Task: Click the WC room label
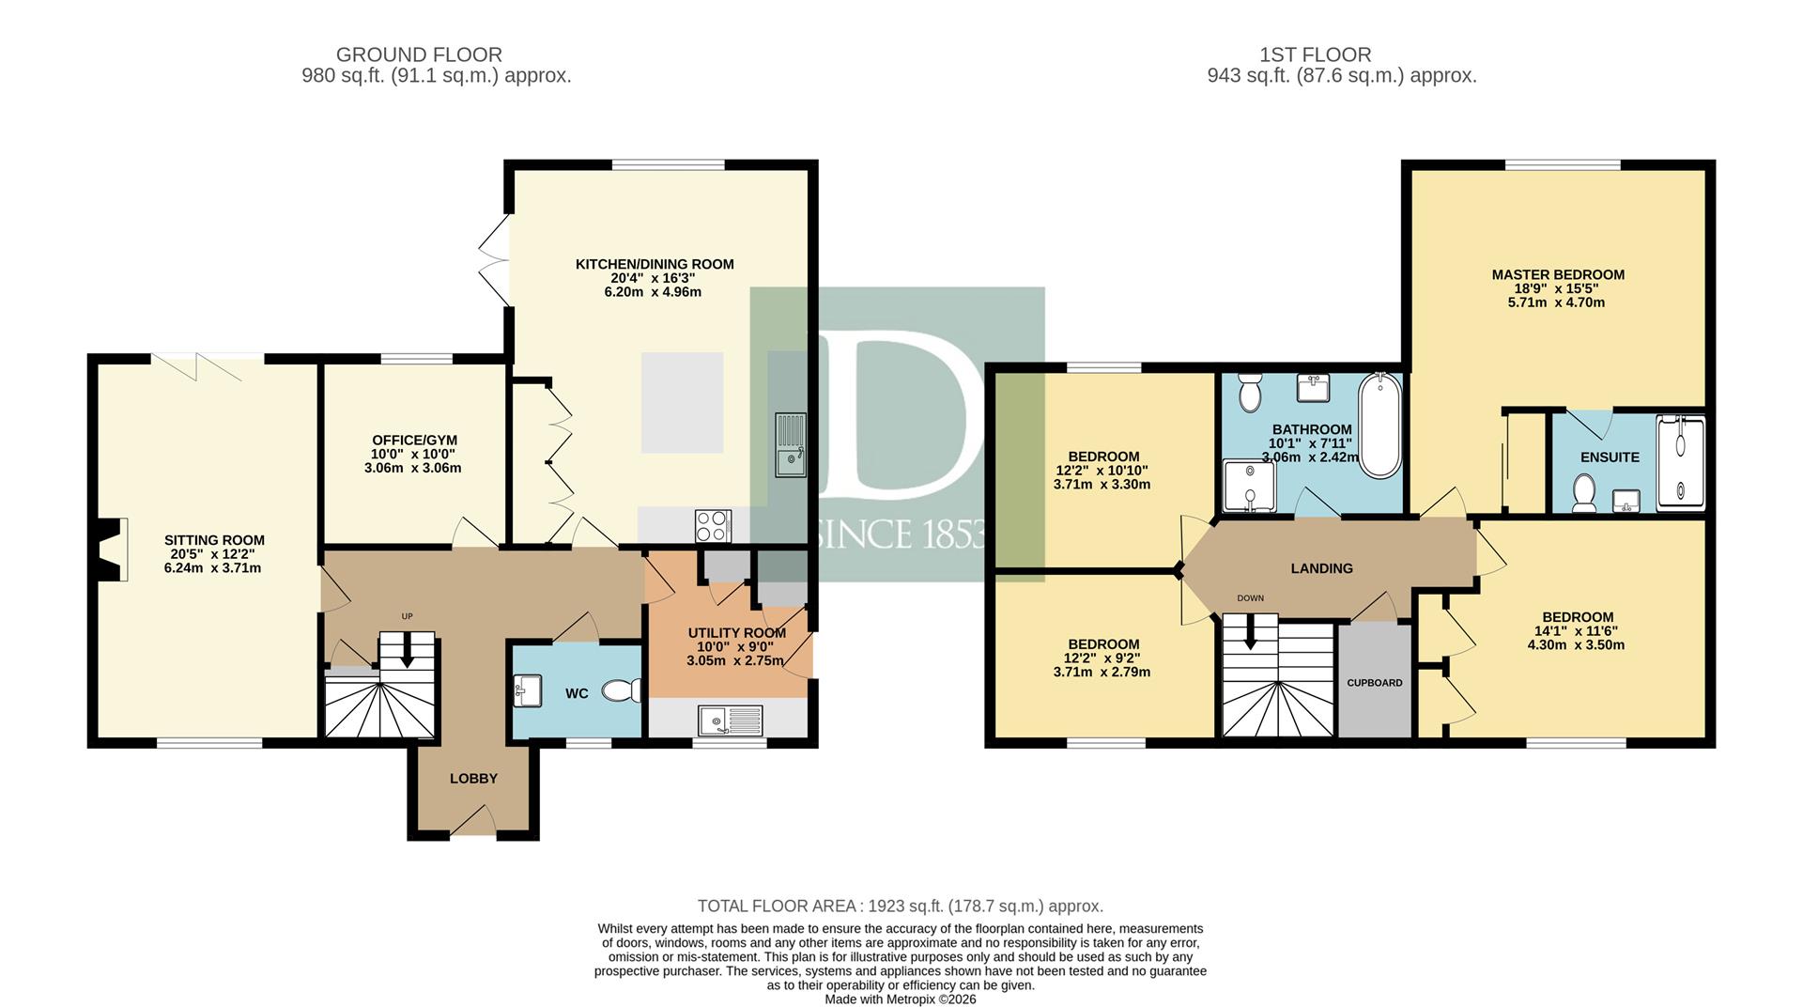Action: [577, 694]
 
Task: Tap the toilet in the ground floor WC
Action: [622, 691]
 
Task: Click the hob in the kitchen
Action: [713, 525]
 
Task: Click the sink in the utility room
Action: [731, 721]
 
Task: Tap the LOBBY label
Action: [473, 779]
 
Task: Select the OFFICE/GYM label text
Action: [414, 441]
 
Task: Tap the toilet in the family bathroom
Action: [1249, 393]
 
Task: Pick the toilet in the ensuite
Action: [1583, 493]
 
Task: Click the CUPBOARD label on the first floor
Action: [1375, 683]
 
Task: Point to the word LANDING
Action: [1321, 568]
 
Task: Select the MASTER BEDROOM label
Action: [1558, 275]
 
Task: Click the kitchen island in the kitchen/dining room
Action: [682, 403]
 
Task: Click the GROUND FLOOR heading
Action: [419, 55]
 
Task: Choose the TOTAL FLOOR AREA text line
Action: [901, 906]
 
